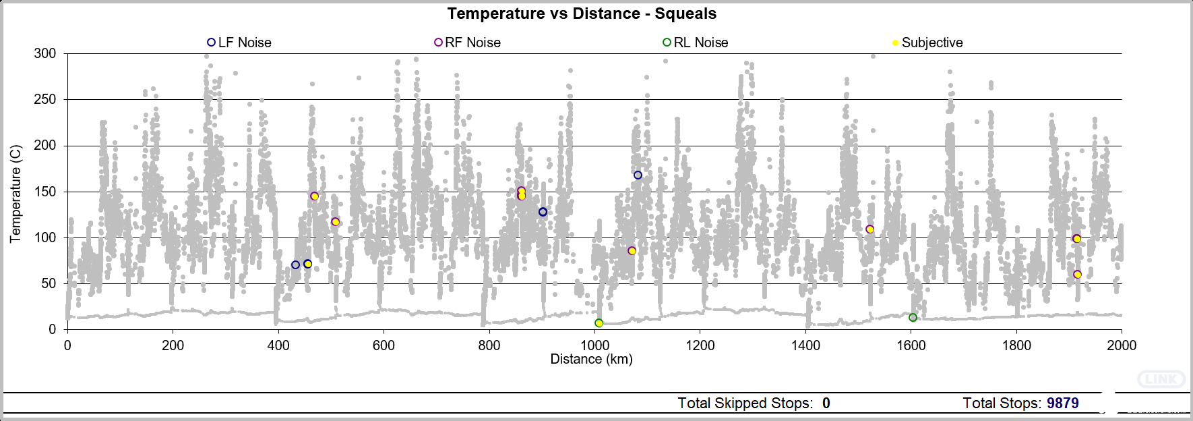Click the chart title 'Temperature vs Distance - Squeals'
pyautogui.click(x=582, y=13)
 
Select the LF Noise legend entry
pyautogui.click(x=239, y=43)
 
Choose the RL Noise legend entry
pyautogui.click(x=696, y=43)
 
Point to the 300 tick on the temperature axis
pyautogui.click(x=45, y=53)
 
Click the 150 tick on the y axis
pyautogui.click(x=45, y=192)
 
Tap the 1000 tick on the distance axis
pyautogui.click(x=594, y=345)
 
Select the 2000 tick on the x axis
pyautogui.click(x=1122, y=345)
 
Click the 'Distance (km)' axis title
pyautogui.click(x=591, y=359)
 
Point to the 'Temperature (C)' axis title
pyautogui.click(x=16, y=193)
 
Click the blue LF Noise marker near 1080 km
pyautogui.click(x=638, y=175)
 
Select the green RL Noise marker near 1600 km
pyautogui.click(x=913, y=318)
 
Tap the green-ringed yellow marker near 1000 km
pyautogui.click(x=599, y=323)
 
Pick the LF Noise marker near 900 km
pyautogui.click(x=543, y=212)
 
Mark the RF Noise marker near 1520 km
pyautogui.click(x=869, y=229)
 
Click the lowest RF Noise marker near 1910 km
pyautogui.click(x=1077, y=275)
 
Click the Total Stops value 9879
pyautogui.click(x=1062, y=403)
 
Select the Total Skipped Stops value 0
pyautogui.click(x=826, y=403)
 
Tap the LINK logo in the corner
pyautogui.click(x=1161, y=379)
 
